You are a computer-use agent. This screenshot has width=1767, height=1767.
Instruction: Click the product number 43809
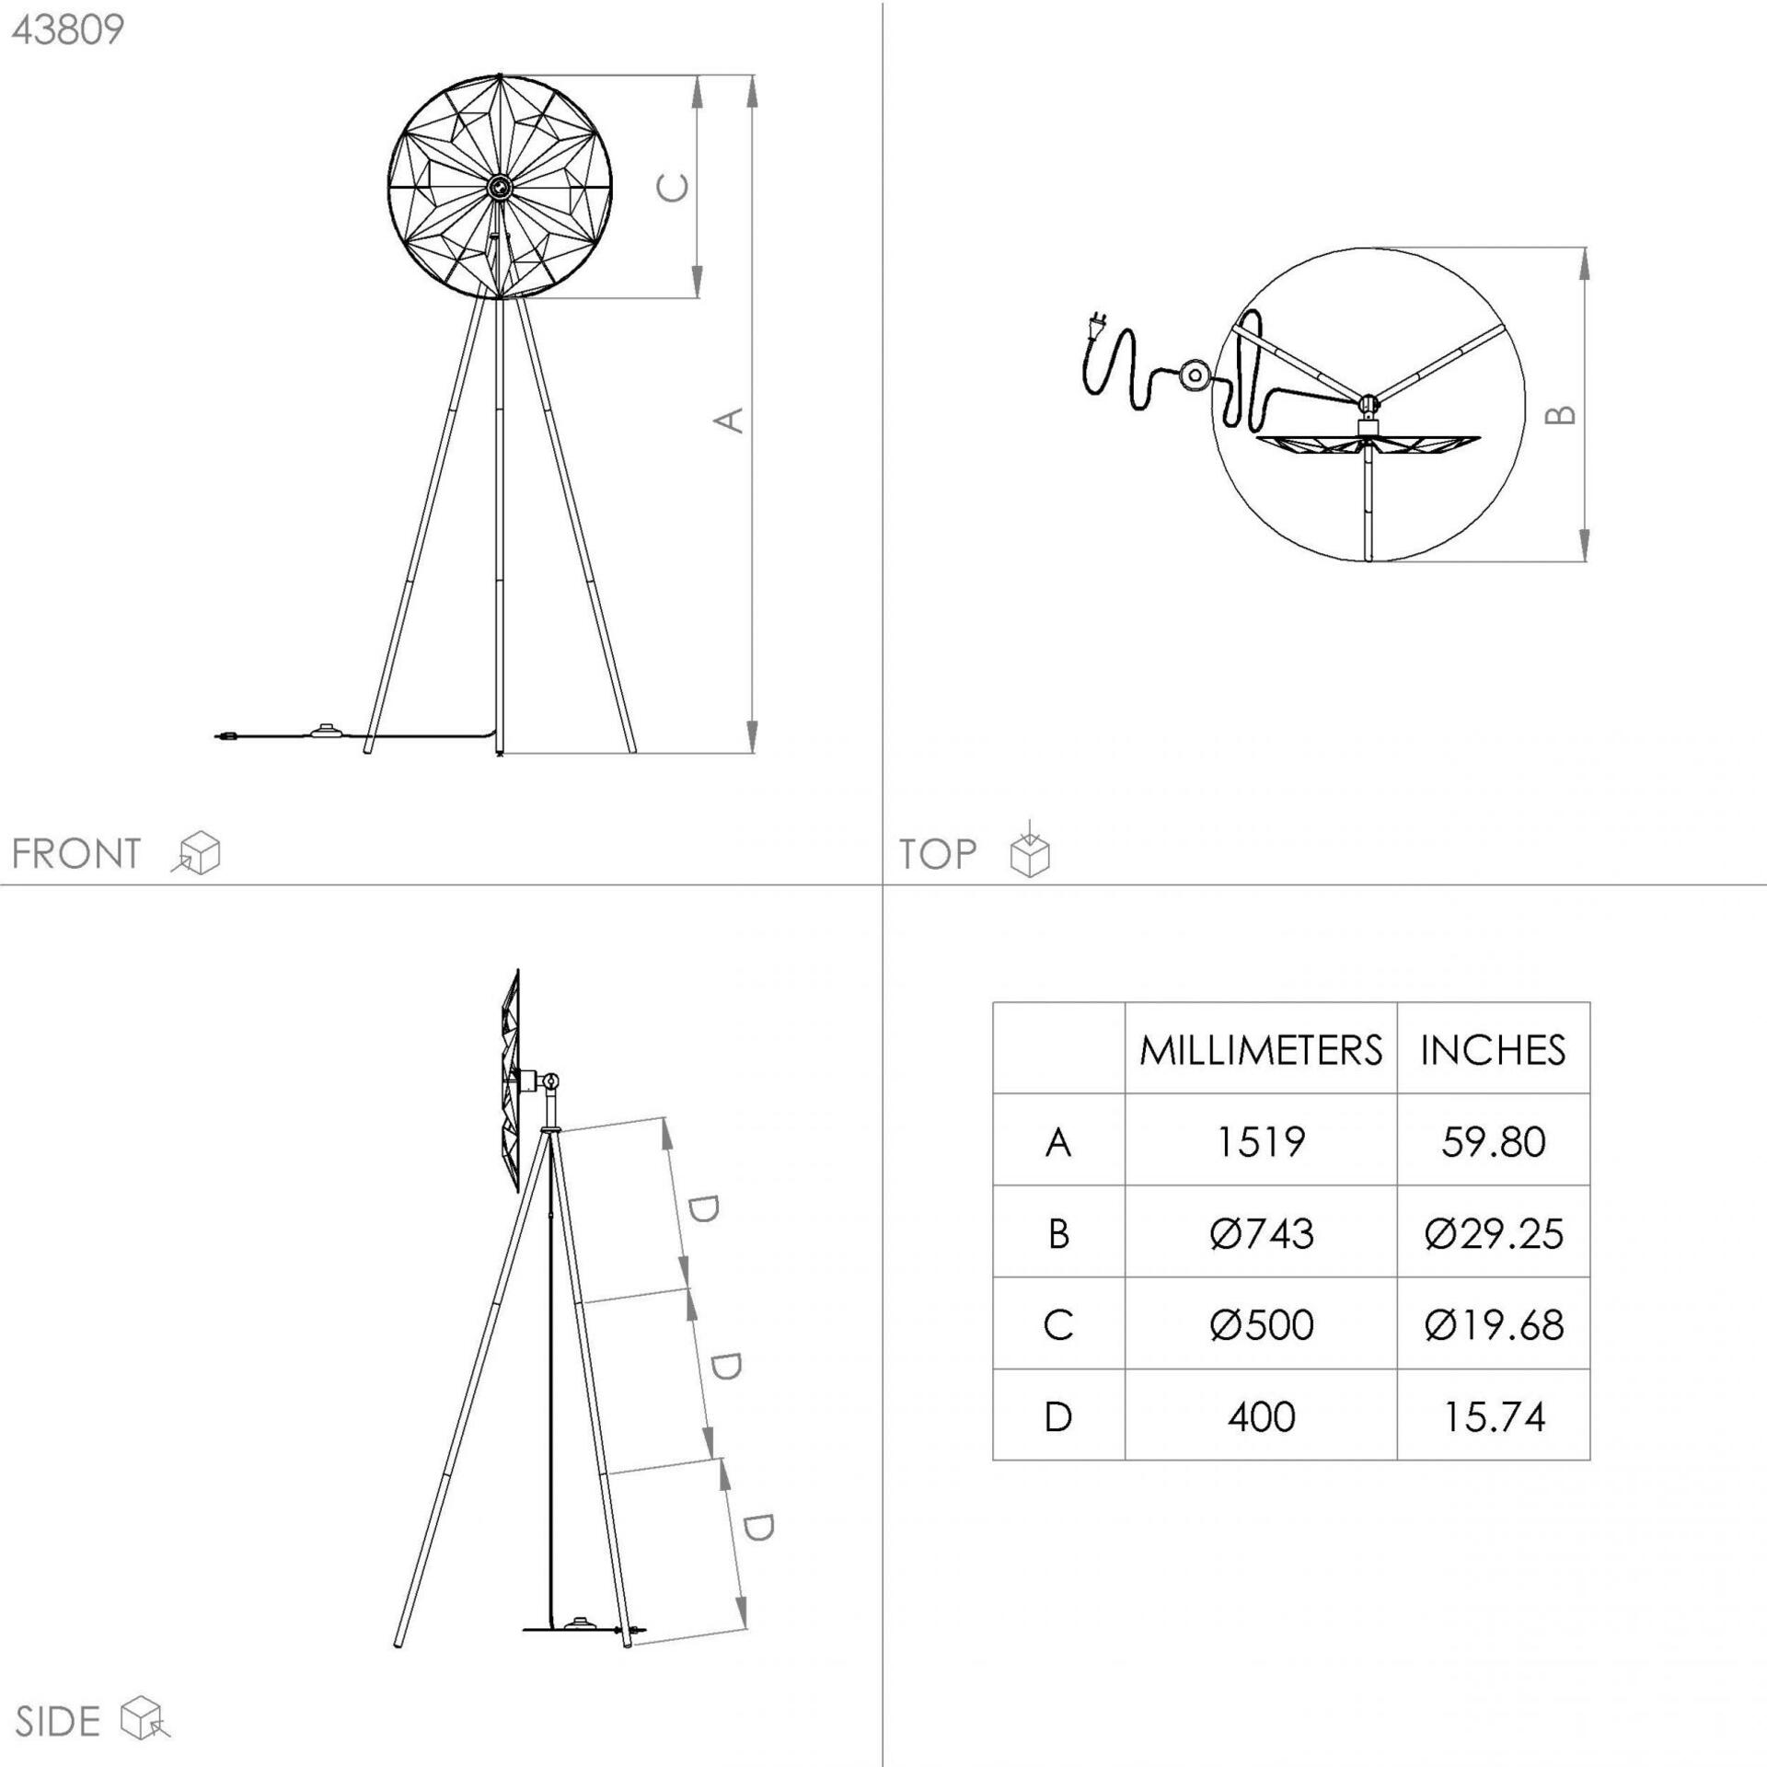pyautogui.click(x=68, y=29)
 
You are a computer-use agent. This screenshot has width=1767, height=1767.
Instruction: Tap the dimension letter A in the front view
pyautogui.click(x=729, y=420)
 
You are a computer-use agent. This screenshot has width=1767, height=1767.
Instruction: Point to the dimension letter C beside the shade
pyautogui.click(x=673, y=188)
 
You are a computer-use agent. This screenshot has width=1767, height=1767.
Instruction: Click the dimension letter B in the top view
pyautogui.click(x=1560, y=415)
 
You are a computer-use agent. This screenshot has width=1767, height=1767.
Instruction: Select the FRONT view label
pyautogui.click(x=76, y=854)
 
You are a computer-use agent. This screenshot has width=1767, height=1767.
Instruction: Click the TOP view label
pyautogui.click(x=938, y=854)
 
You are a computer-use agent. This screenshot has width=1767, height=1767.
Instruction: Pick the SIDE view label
pyautogui.click(x=57, y=1722)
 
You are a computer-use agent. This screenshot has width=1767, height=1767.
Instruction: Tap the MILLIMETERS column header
pyautogui.click(x=1261, y=1050)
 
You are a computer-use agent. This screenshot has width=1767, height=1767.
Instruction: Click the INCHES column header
pyautogui.click(x=1493, y=1050)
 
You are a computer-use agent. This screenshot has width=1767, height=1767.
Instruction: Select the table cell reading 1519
pyautogui.click(x=1261, y=1142)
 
